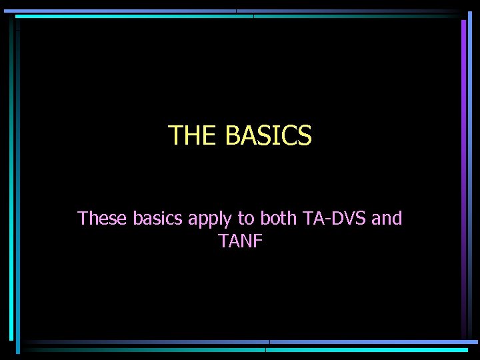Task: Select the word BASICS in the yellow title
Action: click(269, 135)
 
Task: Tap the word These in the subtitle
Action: click(103, 218)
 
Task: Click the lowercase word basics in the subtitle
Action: click(159, 218)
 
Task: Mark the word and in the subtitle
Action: click(387, 218)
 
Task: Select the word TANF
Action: click(241, 241)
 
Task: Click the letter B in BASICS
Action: click(233, 135)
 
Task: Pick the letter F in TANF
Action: click(259, 241)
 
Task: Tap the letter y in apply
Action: click(227, 221)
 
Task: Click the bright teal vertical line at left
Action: click(18, 180)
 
